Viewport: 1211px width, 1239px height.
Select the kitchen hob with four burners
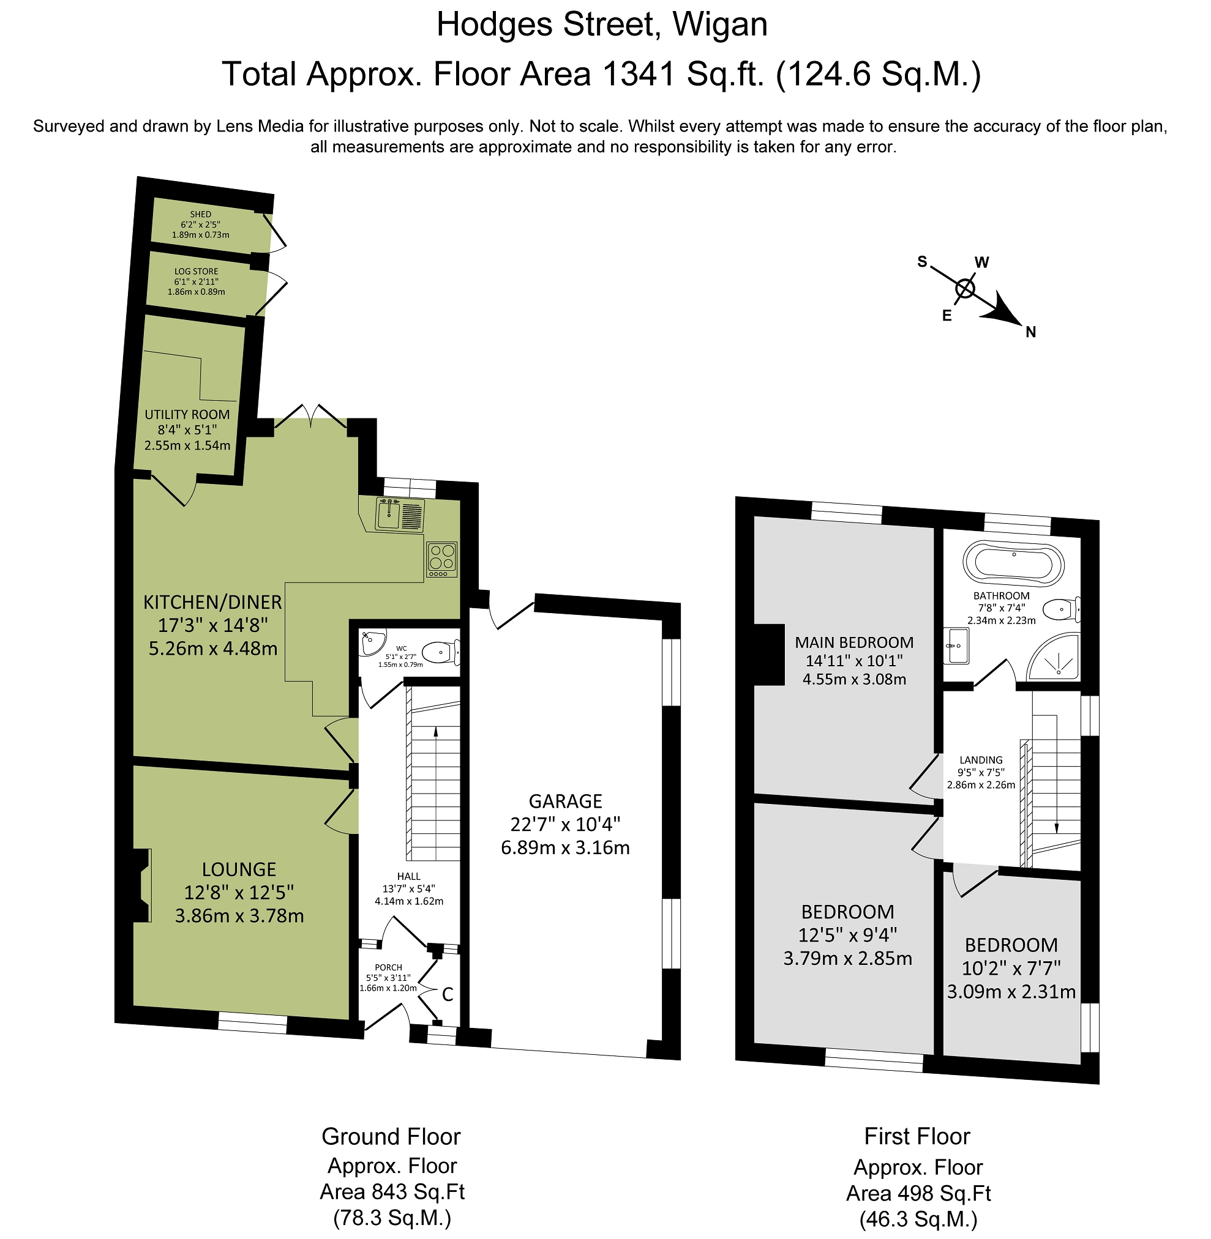442,560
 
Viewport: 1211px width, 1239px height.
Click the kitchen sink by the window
400,515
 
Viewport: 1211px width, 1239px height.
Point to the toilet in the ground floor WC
441,652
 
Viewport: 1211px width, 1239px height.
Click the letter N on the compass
1031,332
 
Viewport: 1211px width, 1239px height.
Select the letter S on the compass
922,261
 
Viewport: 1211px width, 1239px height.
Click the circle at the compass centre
965,289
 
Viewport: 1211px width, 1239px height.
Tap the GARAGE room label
566,801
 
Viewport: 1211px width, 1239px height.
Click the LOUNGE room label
239,869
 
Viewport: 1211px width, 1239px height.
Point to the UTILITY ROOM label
187,414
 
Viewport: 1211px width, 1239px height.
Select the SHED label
200,214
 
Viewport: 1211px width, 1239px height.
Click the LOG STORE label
197,272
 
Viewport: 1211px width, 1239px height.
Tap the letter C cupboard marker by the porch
448,995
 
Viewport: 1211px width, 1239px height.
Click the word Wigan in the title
720,26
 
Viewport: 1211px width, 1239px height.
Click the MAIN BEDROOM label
854,642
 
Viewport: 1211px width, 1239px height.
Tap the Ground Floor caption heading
391,1136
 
